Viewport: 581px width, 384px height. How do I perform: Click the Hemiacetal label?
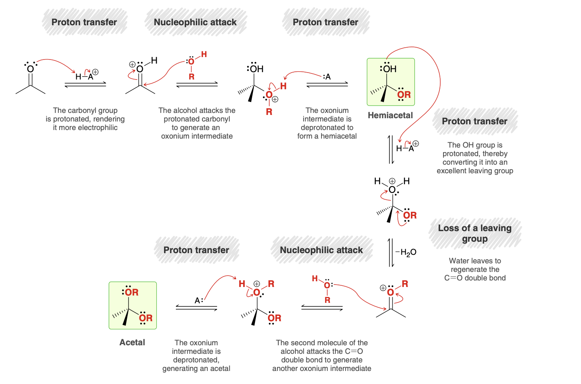(390, 115)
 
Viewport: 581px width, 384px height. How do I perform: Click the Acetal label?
(132, 342)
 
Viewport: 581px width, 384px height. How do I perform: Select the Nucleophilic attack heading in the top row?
(195, 22)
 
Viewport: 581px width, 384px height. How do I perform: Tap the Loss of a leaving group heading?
(475, 234)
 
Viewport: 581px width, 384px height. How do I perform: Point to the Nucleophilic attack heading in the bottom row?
(321, 250)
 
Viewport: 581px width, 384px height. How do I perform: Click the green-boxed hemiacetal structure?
(390, 82)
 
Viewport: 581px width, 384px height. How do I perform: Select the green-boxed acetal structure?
(133, 305)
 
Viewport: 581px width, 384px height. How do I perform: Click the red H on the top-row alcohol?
(204, 54)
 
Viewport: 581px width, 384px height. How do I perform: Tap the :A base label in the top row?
(326, 77)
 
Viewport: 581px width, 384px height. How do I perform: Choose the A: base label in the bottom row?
(199, 300)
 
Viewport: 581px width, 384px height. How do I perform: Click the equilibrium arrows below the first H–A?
(85, 84)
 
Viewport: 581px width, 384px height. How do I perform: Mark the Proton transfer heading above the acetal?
(196, 250)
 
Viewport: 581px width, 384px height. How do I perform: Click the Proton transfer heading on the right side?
(475, 121)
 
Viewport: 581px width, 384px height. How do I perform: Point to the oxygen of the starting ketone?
(30, 69)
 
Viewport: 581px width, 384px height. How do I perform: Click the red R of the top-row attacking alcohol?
(191, 77)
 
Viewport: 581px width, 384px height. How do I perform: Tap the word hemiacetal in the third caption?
(339, 136)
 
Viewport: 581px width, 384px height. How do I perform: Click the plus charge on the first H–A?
(95, 72)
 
